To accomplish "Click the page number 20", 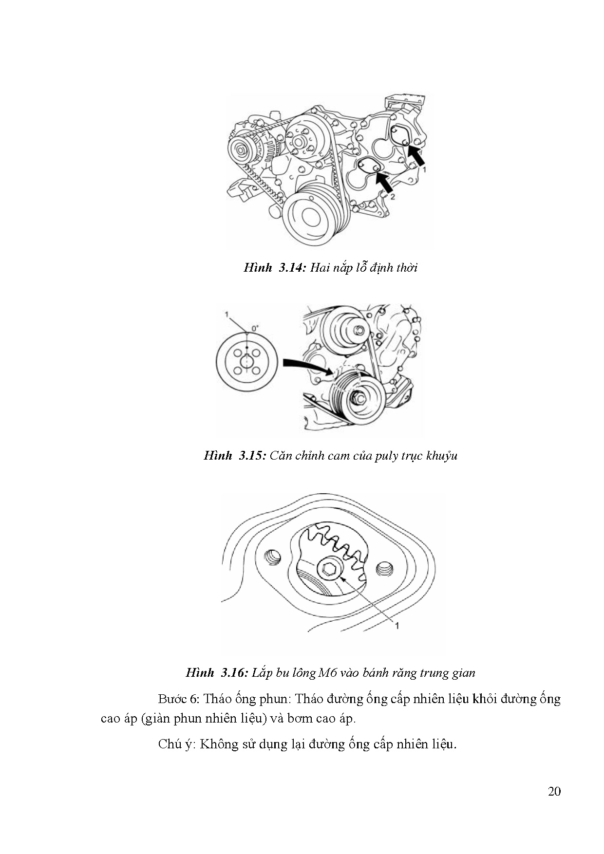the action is [x=554, y=791].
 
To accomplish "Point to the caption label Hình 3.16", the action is [x=217, y=672].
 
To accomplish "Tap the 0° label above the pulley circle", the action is [x=255, y=328].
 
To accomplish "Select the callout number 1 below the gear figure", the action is [x=396, y=626].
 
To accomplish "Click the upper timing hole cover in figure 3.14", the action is [x=402, y=135].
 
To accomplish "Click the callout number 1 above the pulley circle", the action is [x=226, y=315].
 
